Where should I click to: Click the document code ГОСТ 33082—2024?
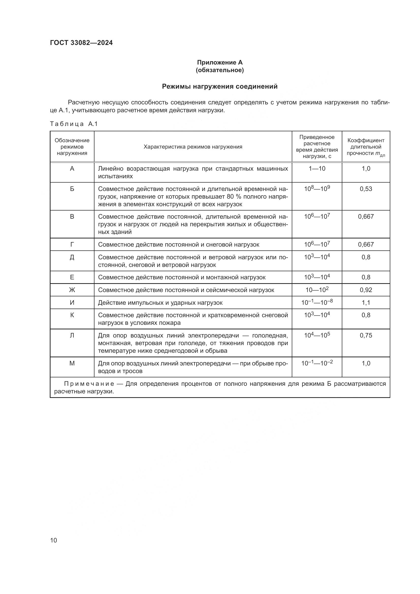tap(81, 43)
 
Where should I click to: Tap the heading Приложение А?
tap(220, 62)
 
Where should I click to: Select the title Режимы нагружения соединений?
tap(220, 86)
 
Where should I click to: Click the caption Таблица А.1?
tap(74, 124)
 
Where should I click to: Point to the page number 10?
tap(54, 540)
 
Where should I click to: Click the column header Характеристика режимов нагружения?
tap(193, 147)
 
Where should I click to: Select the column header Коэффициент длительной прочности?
tap(366, 147)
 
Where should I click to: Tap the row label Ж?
tap(72, 290)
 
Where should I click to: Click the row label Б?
tap(72, 189)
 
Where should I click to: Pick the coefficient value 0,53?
tap(366, 189)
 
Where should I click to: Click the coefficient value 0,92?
tap(366, 290)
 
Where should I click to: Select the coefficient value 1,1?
tap(366, 303)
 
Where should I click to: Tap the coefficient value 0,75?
tap(366, 335)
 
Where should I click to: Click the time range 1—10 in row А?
tap(317, 169)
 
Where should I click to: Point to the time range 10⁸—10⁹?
tap(317, 189)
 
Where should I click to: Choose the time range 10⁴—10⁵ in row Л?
tap(317, 335)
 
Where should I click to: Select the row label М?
tap(72, 363)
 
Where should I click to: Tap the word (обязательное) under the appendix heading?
tap(220, 70)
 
